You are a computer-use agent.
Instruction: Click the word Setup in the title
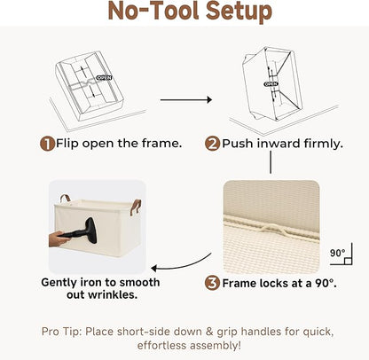[239, 12]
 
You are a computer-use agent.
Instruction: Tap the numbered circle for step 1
[48, 144]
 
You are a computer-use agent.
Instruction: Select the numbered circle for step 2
[212, 144]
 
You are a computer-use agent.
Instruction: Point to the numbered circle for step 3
[212, 283]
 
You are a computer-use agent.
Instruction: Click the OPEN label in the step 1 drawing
[105, 78]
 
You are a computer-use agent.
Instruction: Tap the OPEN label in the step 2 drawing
[271, 84]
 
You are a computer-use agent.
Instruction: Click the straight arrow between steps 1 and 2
[186, 100]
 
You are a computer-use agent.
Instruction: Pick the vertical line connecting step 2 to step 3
[271, 162]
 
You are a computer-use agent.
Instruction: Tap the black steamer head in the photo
[90, 231]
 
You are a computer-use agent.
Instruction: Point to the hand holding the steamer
[58, 239]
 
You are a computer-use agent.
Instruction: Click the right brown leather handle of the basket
[136, 207]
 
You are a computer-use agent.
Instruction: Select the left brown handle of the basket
[65, 198]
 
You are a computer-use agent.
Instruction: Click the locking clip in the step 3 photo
[271, 229]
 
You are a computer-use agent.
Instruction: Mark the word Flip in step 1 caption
[67, 144]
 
